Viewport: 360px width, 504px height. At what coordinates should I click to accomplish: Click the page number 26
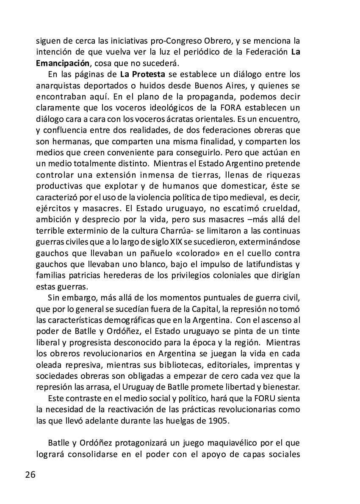click(30, 474)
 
